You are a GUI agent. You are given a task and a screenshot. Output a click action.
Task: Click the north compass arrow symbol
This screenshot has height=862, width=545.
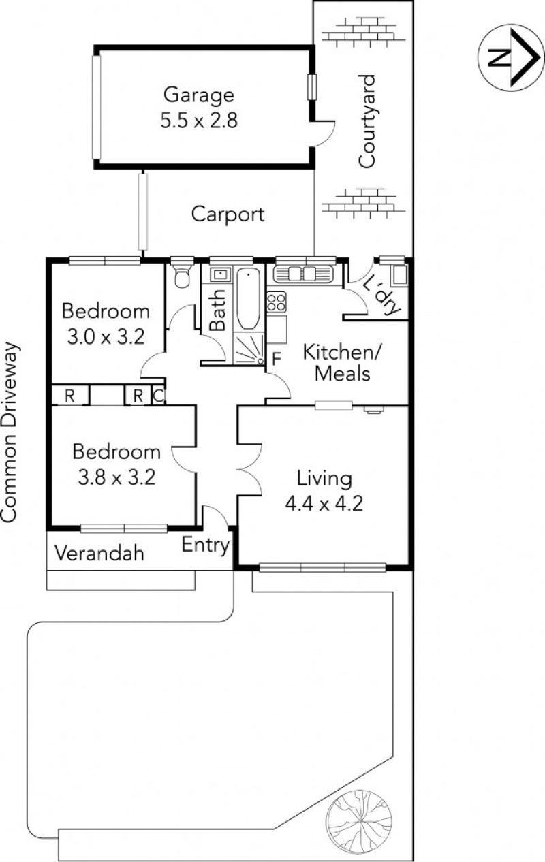(x=511, y=58)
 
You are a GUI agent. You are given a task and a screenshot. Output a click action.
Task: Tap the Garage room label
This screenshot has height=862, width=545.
(x=199, y=95)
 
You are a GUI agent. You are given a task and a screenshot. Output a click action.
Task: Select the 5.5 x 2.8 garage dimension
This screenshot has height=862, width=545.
(x=199, y=121)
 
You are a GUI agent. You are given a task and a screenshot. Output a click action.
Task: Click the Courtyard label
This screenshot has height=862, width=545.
(x=367, y=121)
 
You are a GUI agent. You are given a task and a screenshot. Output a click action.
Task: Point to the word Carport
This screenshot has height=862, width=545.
(x=228, y=214)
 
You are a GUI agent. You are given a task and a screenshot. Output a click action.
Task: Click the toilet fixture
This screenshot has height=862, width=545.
(x=182, y=276)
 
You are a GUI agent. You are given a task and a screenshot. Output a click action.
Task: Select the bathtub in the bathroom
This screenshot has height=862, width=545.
(x=247, y=299)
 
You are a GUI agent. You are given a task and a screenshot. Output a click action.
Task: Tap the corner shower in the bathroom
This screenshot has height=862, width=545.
(x=249, y=349)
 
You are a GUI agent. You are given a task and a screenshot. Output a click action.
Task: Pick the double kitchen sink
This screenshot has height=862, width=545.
(x=302, y=274)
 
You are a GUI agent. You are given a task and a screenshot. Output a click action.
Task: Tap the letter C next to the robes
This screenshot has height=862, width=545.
(x=159, y=396)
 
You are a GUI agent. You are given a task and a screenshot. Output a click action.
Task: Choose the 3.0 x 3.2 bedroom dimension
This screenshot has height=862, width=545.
(x=106, y=337)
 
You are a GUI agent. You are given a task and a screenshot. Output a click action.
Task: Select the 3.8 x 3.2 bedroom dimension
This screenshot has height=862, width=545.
(x=116, y=477)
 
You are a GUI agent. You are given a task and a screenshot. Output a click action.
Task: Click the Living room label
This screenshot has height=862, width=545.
(x=324, y=479)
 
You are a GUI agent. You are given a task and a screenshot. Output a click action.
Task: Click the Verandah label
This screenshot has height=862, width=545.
(x=99, y=554)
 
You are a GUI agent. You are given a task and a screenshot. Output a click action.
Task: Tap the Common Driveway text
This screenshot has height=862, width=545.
(x=10, y=432)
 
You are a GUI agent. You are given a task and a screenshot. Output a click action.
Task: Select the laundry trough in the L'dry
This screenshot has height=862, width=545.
(x=399, y=275)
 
